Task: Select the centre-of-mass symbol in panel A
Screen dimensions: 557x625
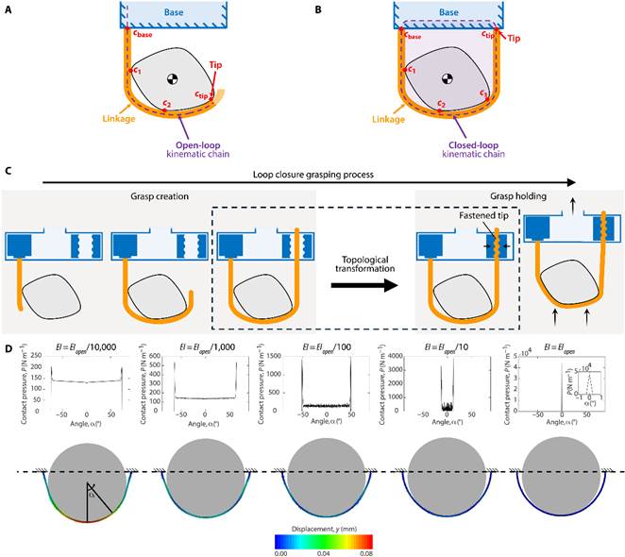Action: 174,78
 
